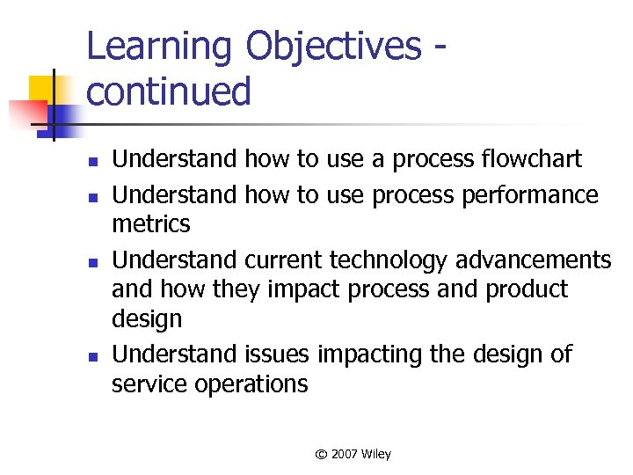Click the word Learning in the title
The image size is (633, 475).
pos(161,47)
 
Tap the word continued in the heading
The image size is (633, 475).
pos(169,91)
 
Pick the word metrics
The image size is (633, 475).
pos(150,224)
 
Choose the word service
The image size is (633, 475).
pos(151,384)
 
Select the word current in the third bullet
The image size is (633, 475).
pos(284,260)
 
